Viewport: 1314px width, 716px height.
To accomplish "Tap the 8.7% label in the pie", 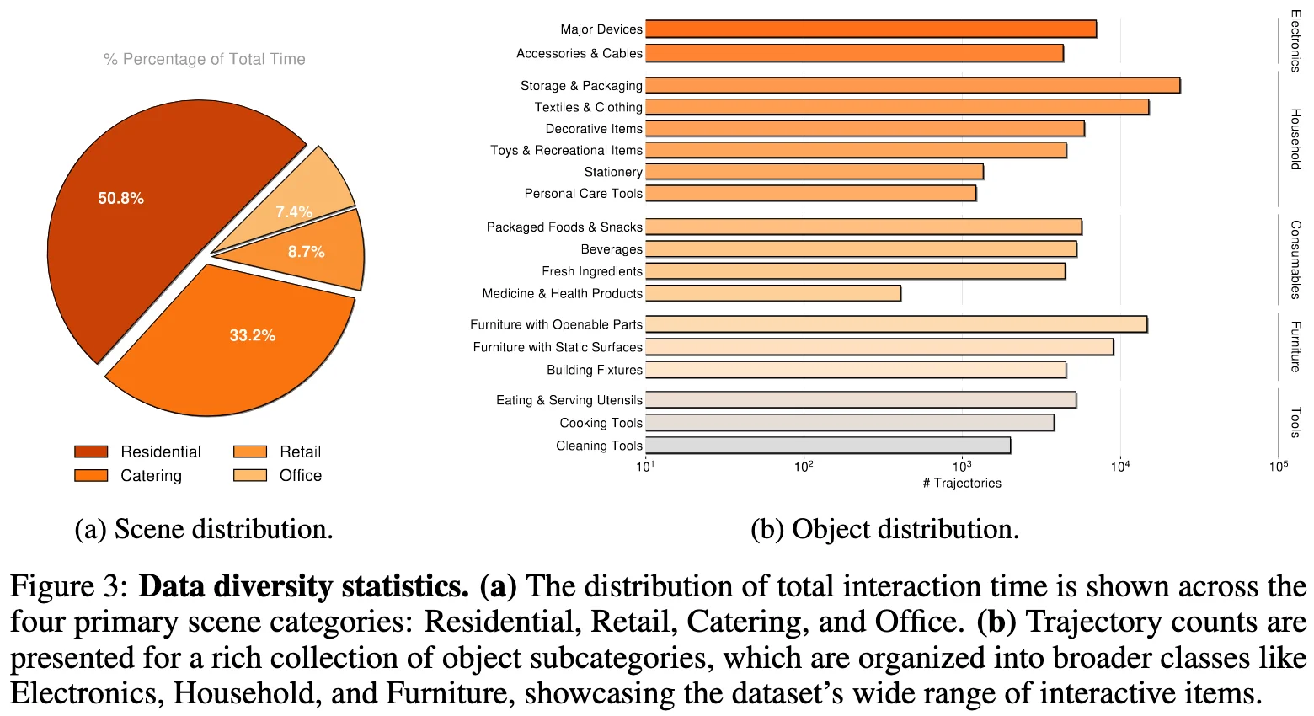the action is pos(307,252).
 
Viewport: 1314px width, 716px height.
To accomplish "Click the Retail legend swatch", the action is pos(250,452).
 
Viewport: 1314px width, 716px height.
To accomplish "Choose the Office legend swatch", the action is pos(250,475).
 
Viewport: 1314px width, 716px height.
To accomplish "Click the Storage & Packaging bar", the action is pos(913,86).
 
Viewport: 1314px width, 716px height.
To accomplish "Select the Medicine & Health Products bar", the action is pos(773,293).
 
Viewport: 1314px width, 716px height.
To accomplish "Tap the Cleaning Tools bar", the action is pos(828,446).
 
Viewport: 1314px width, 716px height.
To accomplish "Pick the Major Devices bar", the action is pos(871,29).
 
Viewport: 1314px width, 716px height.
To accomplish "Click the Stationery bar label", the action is pos(613,172).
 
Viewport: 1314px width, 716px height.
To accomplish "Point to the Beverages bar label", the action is pos(612,249).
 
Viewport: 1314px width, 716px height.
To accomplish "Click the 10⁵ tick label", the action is pos(1279,466).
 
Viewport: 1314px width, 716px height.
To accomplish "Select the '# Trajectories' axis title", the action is pos(962,484).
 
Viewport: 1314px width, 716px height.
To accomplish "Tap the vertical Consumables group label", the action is pos(1295,259).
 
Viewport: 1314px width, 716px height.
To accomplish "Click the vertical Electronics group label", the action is pos(1295,41).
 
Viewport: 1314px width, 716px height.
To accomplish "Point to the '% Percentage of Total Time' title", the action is pos(204,59).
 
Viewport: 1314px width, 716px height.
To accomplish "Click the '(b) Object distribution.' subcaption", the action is pos(884,530).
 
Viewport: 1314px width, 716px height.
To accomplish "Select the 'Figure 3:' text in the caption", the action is pos(69,586).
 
